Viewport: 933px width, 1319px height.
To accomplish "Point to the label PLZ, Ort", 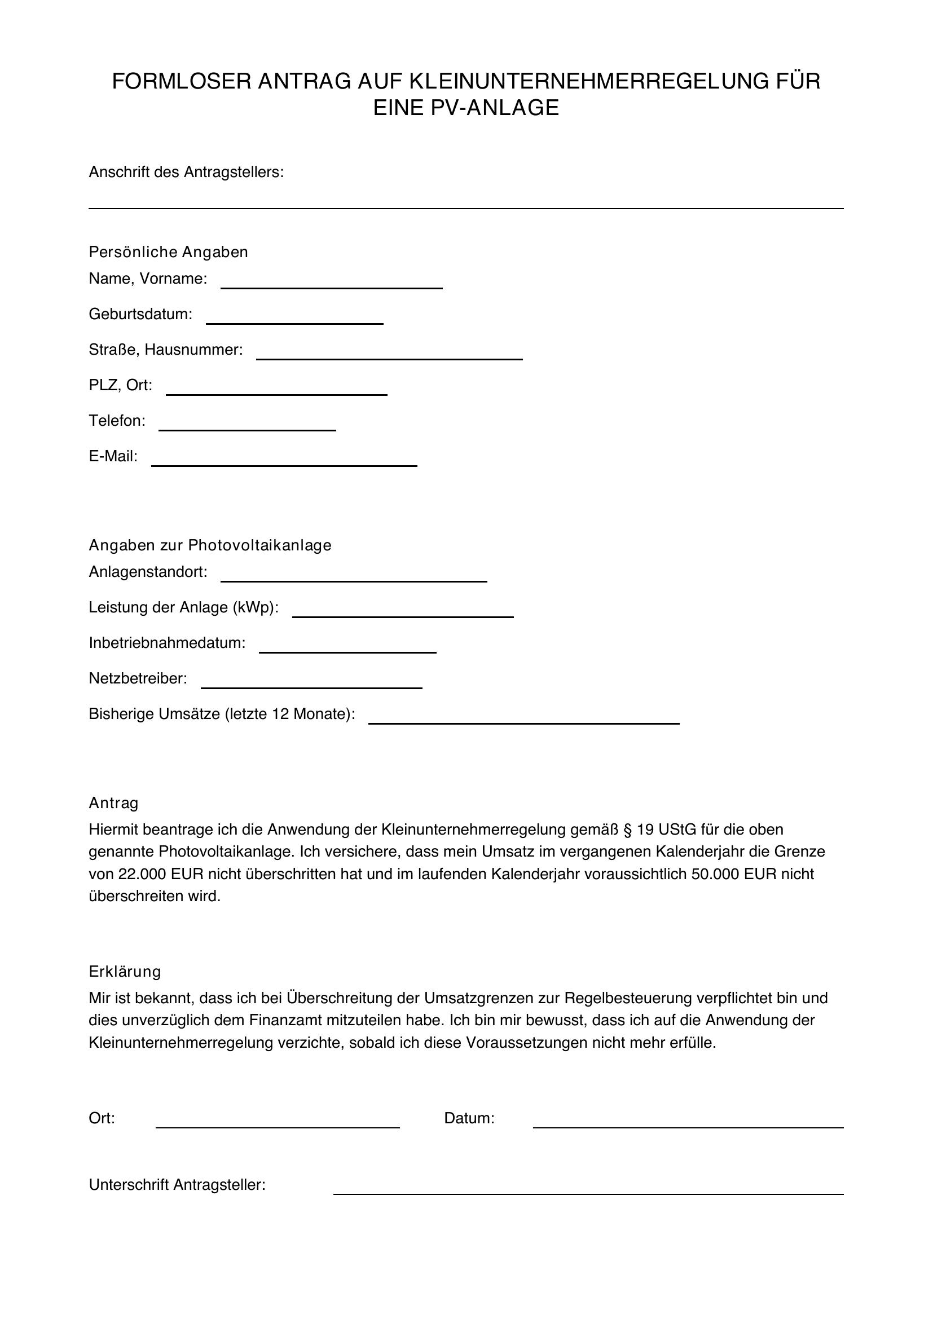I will coord(121,385).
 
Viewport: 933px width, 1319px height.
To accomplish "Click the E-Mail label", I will coord(113,456).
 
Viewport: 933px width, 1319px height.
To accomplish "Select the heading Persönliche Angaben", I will coord(168,252).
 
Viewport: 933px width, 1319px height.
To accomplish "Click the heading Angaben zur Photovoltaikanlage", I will coord(210,545).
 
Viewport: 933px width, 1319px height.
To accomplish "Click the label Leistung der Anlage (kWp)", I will coord(184,607).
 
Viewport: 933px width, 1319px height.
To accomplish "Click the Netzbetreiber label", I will coord(138,678).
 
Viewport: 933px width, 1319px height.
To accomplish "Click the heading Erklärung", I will coord(125,972).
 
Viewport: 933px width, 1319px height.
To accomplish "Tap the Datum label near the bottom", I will coord(469,1118).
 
